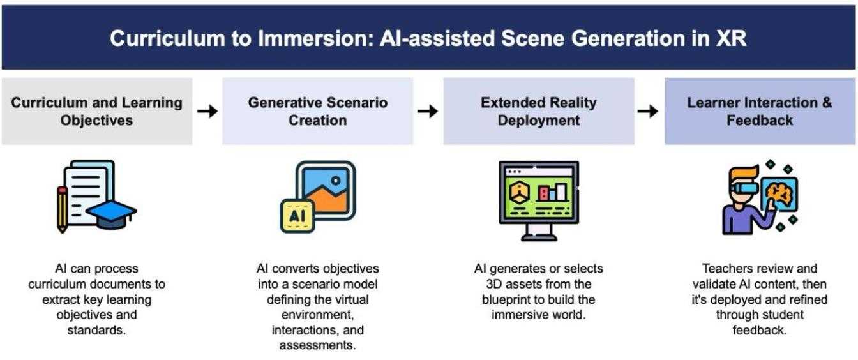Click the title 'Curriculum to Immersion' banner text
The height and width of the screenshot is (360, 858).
[x=428, y=38]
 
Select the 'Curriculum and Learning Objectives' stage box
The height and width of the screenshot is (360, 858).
[x=96, y=111]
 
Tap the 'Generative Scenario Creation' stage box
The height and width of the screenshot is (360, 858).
[x=317, y=111]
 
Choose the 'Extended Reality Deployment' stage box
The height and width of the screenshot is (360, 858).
[x=539, y=111]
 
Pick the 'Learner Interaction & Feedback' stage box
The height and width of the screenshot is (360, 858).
[x=759, y=111]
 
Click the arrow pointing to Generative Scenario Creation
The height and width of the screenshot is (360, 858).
[x=207, y=111]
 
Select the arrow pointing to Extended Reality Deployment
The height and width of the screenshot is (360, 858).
[x=428, y=111]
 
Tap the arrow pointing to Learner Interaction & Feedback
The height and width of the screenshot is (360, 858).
[x=648, y=111]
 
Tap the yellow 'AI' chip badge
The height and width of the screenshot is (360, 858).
[x=297, y=214]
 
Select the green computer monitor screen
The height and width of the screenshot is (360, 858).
[x=538, y=194]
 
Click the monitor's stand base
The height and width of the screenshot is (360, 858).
[x=538, y=237]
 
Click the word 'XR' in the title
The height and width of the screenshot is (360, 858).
[x=729, y=38]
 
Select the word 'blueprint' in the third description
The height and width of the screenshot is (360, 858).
[x=511, y=299]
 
